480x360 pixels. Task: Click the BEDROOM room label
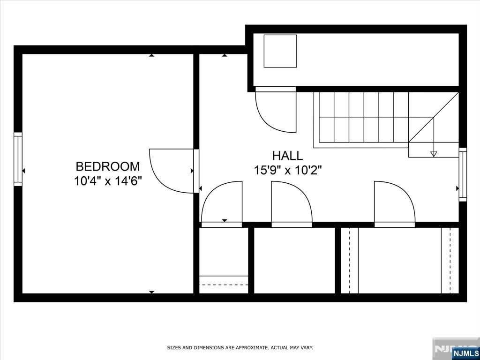point(108,166)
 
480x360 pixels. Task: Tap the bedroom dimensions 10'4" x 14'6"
point(108,181)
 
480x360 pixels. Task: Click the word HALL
point(288,156)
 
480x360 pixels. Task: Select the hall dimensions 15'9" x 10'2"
point(288,170)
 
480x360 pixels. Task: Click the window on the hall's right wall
point(463,174)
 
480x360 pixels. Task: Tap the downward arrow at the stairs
point(434,154)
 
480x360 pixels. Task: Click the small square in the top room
point(280,51)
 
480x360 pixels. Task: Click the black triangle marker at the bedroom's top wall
point(151,55)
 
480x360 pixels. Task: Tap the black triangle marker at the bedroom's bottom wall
point(151,292)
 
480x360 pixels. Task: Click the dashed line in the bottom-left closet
point(224,284)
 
